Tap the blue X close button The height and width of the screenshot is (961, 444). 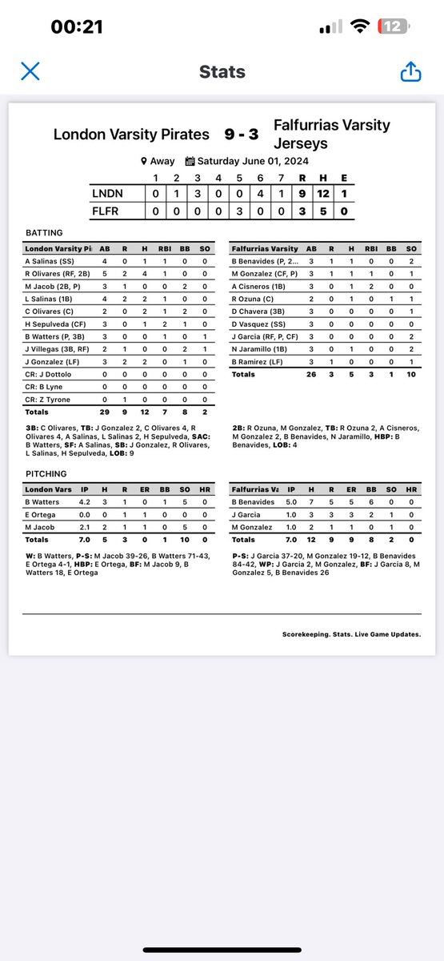pyautogui.click(x=30, y=71)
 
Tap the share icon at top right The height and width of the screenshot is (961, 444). pyautogui.click(x=410, y=72)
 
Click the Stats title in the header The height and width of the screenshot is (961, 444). pyautogui.click(x=222, y=72)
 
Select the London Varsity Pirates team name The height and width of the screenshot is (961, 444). pyautogui.click(x=131, y=135)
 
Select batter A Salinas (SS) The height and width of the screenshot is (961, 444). pyautogui.click(x=51, y=261)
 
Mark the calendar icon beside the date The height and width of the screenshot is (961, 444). pyautogui.click(x=190, y=161)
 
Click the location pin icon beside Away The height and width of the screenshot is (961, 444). pyautogui.click(x=144, y=161)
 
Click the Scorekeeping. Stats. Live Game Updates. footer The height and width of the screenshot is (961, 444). pyautogui.click(x=351, y=634)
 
